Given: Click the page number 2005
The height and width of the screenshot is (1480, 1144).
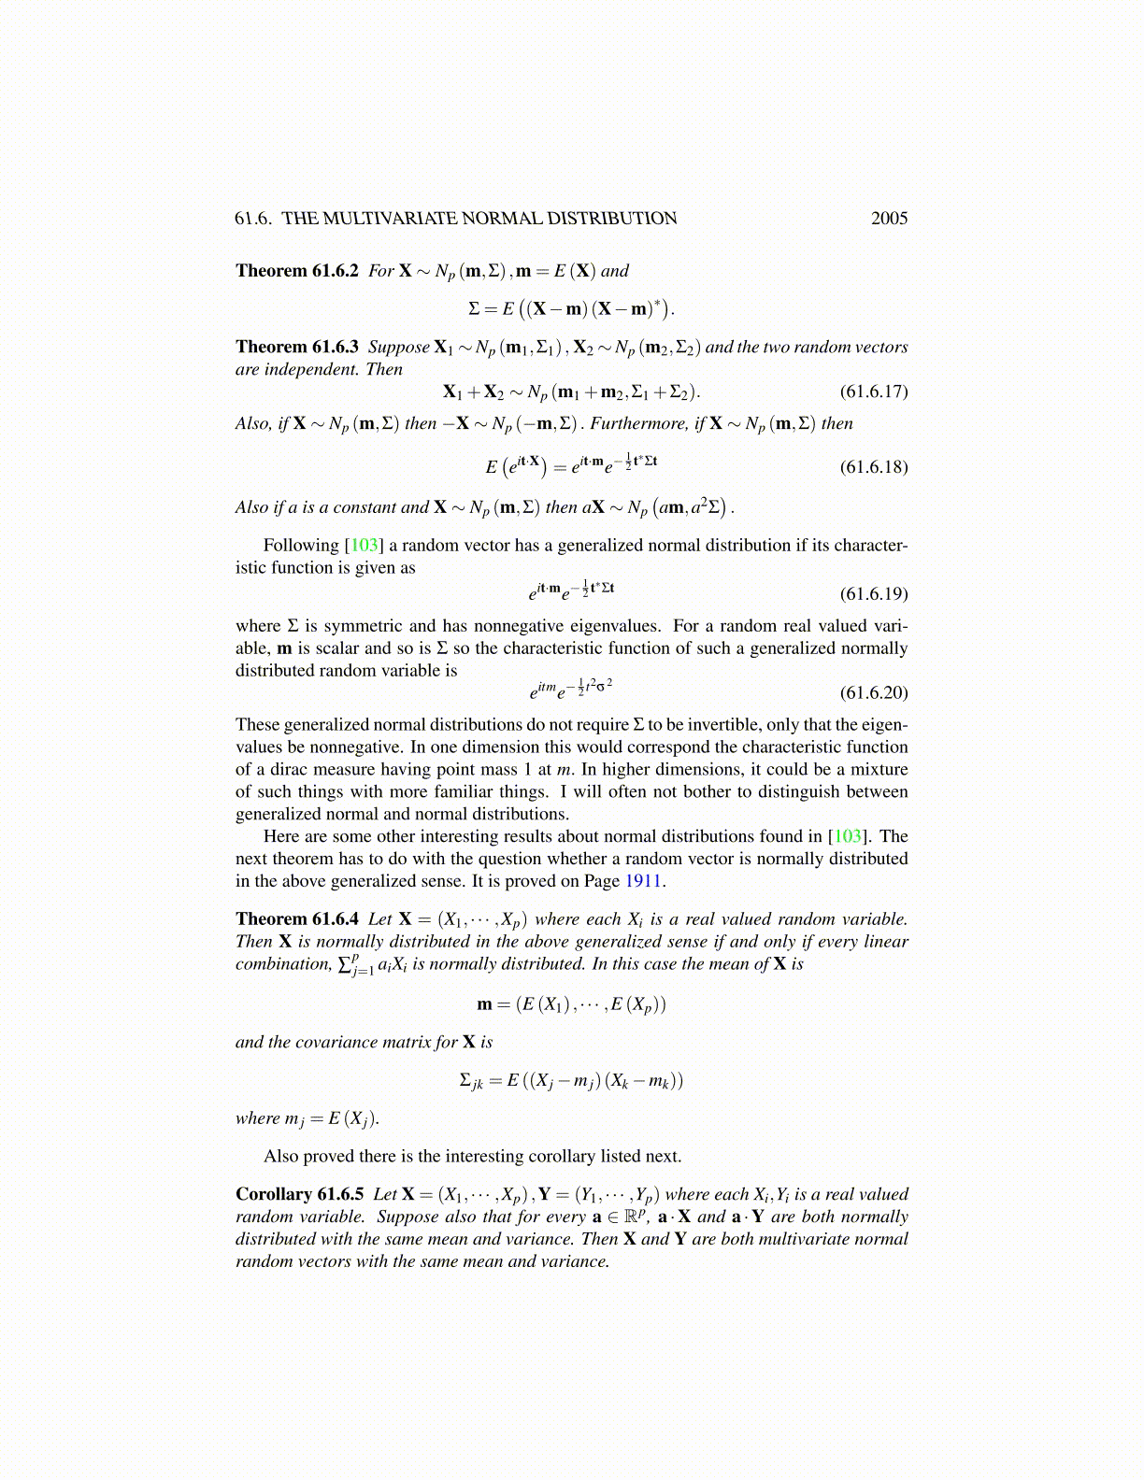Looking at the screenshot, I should pos(889,219).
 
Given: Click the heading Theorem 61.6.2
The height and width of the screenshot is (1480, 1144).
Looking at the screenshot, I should pos(297,271).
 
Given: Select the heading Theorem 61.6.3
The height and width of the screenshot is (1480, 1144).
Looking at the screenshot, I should pos(297,348).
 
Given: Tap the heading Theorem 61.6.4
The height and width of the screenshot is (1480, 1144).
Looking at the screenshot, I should pos(297,919).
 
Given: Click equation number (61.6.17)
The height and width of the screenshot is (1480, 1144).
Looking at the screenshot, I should pos(873,391).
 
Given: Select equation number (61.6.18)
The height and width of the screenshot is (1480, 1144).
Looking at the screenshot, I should pos(873,466).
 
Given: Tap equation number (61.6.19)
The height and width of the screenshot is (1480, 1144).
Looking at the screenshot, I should pos(873,594).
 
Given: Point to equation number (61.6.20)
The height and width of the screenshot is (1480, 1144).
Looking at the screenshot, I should pos(873,692).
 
